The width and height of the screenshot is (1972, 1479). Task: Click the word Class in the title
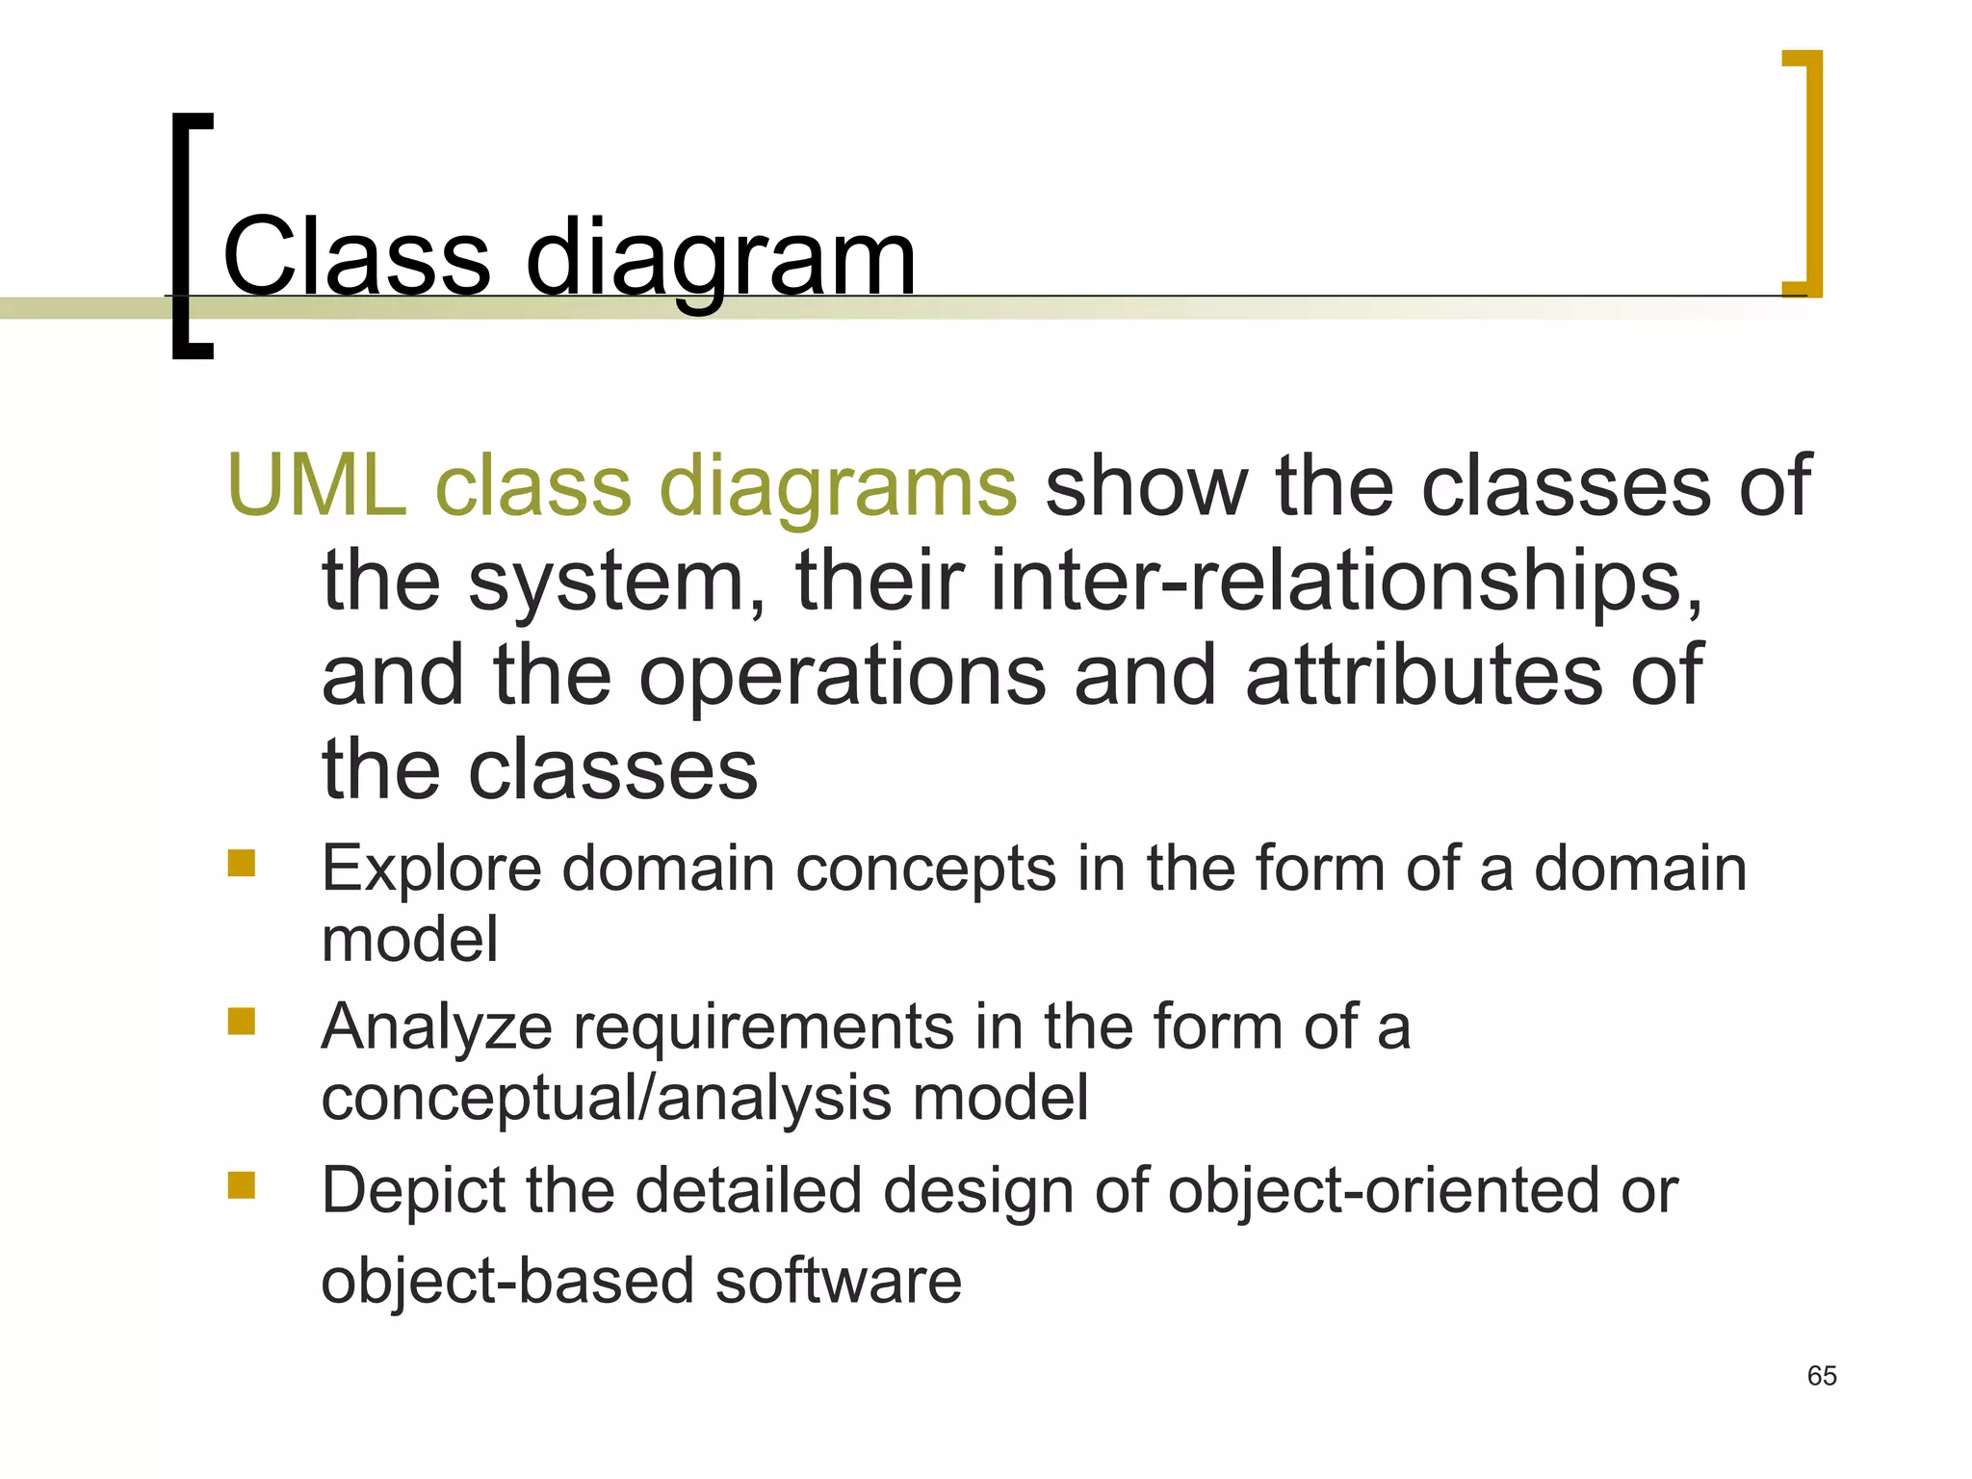pyautogui.click(x=356, y=257)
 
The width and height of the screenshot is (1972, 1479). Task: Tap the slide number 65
pyautogui.click(x=1822, y=1376)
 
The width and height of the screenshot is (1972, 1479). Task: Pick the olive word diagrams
pyautogui.click(x=838, y=489)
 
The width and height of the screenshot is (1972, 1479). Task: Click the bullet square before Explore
pyautogui.click(x=242, y=863)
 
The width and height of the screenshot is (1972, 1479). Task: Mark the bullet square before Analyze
pyautogui.click(x=242, y=1021)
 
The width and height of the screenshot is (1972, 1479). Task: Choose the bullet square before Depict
pyautogui.click(x=242, y=1184)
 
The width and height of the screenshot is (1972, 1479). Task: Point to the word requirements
pyautogui.click(x=764, y=1027)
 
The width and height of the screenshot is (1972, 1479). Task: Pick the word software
pyautogui.click(x=838, y=1282)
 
